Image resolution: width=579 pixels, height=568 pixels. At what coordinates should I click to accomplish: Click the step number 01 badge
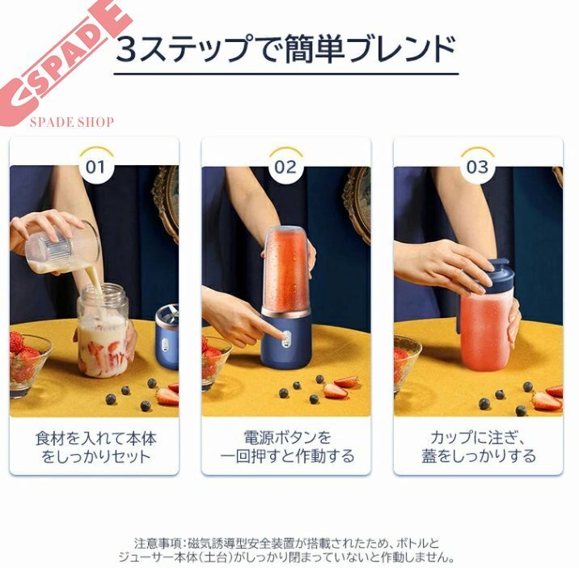point(95,167)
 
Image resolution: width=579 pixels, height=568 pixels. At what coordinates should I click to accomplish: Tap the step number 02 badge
point(285,167)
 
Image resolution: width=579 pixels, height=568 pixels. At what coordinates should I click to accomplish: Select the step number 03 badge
point(477,167)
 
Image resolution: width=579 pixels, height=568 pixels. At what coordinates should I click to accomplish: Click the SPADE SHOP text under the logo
point(72,122)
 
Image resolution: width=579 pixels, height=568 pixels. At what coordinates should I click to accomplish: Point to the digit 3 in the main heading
point(128,49)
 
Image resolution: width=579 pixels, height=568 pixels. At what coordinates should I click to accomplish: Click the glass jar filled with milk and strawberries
point(103,330)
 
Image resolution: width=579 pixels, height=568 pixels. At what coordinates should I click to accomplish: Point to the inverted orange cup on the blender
point(287,269)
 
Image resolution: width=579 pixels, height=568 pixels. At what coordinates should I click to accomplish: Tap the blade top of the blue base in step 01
point(167,314)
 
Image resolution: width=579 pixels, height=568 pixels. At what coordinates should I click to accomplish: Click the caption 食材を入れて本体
point(95,439)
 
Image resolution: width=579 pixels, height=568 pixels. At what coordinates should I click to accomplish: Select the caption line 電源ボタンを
point(287,438)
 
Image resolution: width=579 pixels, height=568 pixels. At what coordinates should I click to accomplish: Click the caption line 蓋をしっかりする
point(479,456)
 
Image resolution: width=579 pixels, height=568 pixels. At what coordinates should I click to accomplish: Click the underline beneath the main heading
point(286,74)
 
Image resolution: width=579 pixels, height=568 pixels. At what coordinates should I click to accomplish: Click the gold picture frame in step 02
point(357,203)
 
